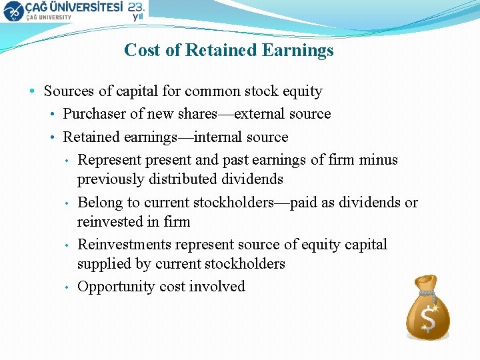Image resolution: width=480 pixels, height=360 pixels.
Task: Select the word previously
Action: (x=110, y=179)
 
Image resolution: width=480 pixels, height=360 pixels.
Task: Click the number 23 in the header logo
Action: (x=136, y=7)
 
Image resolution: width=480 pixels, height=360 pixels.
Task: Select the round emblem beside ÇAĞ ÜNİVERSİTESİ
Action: (x=13, y=11)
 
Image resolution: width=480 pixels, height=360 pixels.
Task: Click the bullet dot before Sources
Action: (x=33, y=91)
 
